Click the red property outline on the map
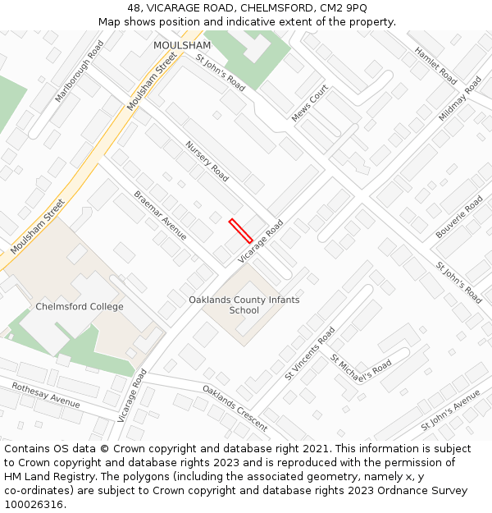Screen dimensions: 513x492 (x=240, y=231)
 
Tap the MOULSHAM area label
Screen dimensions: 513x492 (x=182, y=45)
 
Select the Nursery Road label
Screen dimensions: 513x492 (x=207, y=161)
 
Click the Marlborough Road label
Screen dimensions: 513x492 (x=80, y=71)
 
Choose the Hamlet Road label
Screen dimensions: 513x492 (x=435, y=65)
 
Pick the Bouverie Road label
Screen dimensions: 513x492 (x=459, y=217)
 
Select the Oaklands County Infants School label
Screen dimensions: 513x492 (x=244, y=305)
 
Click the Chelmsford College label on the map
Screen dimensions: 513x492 (x=80, y=307)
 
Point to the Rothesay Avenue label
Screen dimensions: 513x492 (x=46, y=394)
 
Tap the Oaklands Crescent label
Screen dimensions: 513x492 (x=235, y=408)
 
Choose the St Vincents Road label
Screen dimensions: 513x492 (x=310, y=353)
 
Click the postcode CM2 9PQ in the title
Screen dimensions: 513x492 (x=345, y=7)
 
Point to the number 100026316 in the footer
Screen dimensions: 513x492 (x=34, y=505)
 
